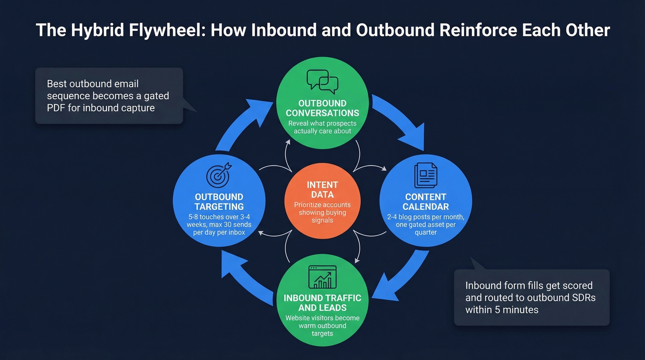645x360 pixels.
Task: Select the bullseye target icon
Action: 218,175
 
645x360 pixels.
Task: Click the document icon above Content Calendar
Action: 425,176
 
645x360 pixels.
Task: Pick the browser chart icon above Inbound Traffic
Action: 322,277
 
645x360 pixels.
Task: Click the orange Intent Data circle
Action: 322,201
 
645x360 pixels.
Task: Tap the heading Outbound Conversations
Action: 322,108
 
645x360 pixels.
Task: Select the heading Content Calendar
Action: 426,201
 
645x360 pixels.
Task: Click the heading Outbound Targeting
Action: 219,201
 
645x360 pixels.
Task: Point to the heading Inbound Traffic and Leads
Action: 322,302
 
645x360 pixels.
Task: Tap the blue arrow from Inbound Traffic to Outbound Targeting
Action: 244,277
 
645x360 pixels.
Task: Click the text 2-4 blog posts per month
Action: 426,217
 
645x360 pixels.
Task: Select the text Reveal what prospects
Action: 322,124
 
